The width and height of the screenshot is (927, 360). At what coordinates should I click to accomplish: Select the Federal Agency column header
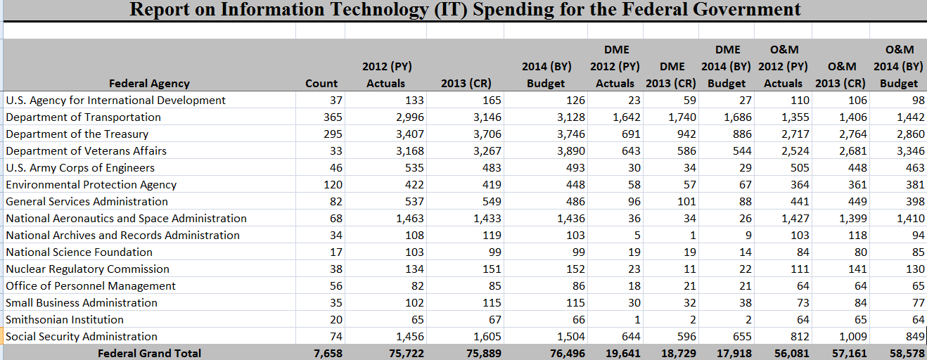149,84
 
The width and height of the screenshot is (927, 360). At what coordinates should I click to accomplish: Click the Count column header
321,84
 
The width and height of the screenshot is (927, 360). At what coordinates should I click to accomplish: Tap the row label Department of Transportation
84,117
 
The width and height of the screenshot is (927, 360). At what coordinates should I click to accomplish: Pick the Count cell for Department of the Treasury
331,134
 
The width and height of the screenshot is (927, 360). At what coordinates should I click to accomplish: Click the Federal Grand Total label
149,354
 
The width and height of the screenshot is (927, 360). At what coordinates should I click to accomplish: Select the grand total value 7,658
328,354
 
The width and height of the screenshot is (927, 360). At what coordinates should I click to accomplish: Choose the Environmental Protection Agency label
91,185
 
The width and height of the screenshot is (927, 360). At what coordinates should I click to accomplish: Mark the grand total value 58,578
907,354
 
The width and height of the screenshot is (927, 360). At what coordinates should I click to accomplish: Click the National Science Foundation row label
79,252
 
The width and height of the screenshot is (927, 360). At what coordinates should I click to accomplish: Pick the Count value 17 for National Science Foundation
335,252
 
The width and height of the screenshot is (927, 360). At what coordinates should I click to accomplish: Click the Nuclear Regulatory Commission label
88,269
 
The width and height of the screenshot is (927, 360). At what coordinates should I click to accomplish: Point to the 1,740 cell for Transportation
682,117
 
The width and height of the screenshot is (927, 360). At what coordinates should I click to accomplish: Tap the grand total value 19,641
623,354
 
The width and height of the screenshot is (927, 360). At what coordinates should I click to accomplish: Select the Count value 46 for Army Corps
335,168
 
